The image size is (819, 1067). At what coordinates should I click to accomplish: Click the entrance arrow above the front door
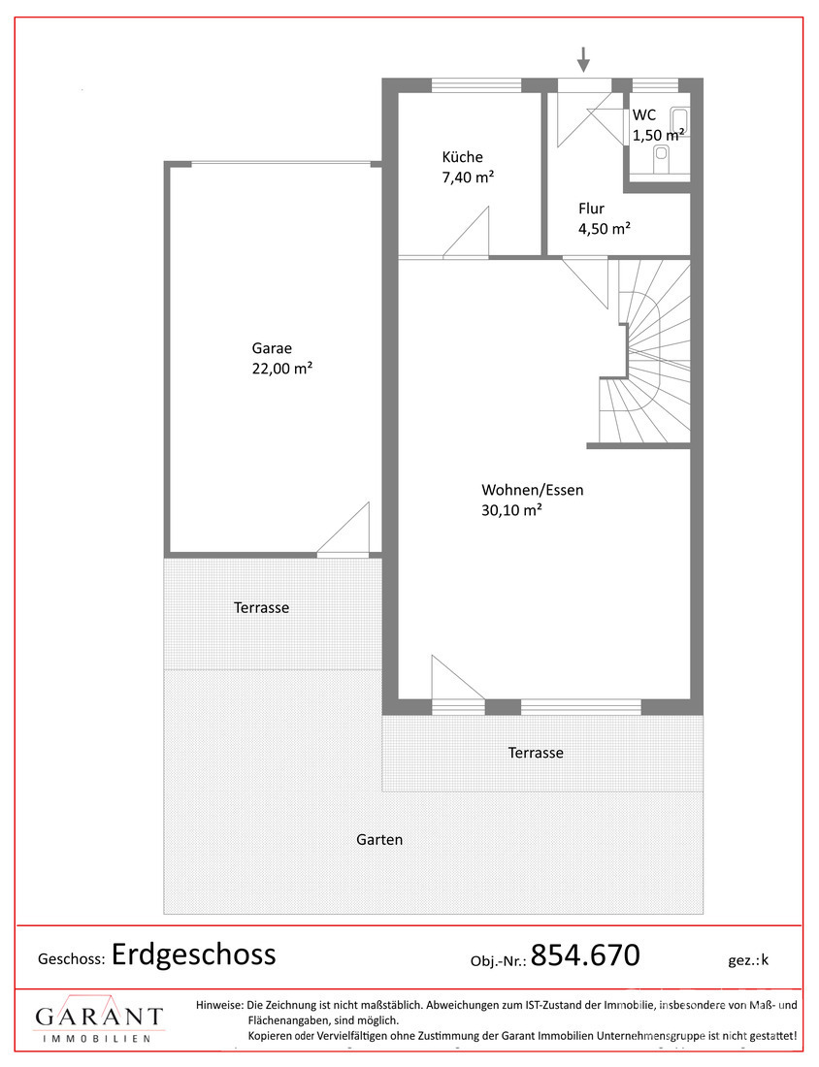583,59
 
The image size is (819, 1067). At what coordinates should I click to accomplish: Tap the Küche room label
462,156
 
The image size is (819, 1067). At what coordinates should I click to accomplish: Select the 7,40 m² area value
468,177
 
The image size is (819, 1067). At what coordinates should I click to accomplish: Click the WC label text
644,114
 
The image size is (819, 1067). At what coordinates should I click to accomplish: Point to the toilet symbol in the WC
661,161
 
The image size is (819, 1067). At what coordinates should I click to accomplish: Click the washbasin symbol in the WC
678,119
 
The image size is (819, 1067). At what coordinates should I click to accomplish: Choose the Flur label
591,209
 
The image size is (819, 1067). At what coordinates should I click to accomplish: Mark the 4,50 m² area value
604,229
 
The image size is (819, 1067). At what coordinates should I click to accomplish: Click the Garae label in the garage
272,348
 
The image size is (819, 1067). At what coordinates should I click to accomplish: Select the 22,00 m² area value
281,369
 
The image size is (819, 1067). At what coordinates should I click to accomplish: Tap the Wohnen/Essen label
533,490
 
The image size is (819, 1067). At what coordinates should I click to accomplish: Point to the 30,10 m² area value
511,509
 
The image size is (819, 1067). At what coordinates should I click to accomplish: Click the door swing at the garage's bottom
344,530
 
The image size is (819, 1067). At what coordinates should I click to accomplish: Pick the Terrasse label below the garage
261,607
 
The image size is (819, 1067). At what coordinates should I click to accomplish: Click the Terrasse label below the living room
536,753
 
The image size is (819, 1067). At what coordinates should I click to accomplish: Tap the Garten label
379,840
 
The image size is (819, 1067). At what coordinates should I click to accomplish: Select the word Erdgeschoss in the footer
193,954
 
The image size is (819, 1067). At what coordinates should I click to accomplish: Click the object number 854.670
585,954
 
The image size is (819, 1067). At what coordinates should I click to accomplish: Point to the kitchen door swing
467,233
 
